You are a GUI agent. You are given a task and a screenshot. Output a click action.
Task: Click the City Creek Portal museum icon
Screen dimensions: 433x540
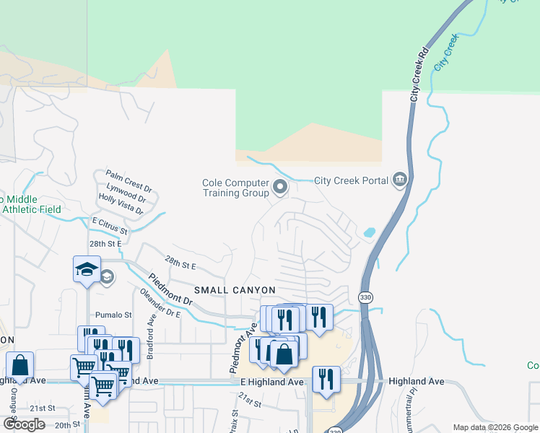tap(399, 180)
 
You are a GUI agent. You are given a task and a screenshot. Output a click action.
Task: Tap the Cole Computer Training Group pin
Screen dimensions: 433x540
tap(280, 188)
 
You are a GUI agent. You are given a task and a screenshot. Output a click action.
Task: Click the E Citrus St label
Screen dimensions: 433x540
tap(109, 225)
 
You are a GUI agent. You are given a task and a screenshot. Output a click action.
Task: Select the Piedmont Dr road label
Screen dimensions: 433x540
tap(171, 288)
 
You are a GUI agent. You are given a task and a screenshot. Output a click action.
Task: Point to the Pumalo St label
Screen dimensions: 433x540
tap(114, 315)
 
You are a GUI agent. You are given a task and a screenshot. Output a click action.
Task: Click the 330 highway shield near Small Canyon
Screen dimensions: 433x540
tap(365, 297)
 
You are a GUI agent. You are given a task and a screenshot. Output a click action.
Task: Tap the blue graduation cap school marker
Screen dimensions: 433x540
tap(87, 270)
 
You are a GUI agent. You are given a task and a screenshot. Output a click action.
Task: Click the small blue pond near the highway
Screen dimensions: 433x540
tap(370, 233)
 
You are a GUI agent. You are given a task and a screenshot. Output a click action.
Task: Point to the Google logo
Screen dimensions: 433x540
tap(24, 424)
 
